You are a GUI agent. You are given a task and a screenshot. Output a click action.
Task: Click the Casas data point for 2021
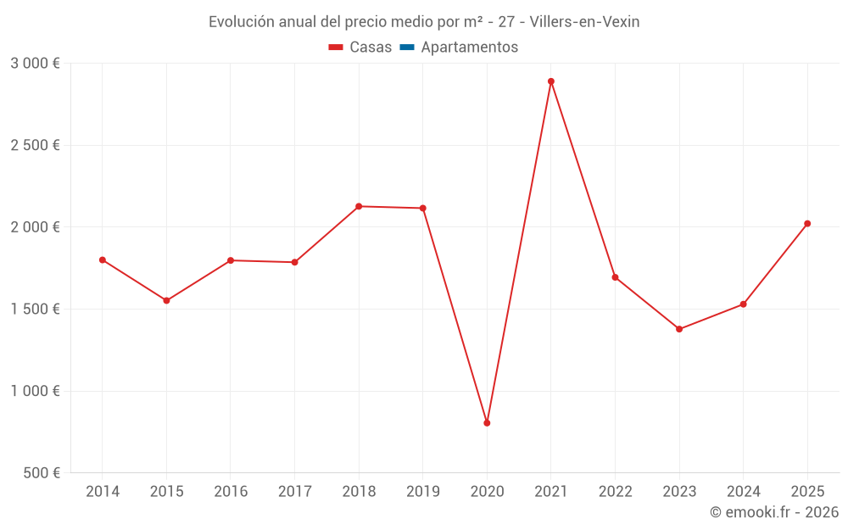(551, 81)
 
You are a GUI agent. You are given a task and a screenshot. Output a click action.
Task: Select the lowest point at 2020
(487, 423)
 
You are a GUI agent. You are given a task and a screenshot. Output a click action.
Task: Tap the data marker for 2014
(103, 260)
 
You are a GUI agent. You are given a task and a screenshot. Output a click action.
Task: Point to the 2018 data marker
(359, 206)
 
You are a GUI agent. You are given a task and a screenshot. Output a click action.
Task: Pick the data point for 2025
(807, 224)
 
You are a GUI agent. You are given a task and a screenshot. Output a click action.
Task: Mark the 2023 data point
(679, 329)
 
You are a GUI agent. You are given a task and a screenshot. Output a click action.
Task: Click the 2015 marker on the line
(166, 301)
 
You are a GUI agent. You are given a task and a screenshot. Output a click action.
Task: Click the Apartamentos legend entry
(469, 47)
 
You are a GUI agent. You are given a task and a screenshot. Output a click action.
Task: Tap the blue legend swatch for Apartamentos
(406, 47)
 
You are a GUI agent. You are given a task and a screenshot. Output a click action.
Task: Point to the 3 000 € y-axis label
(35, 64)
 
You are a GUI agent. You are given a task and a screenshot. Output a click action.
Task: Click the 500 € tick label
(40, 473)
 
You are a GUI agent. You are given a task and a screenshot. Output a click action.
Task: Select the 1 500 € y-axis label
(35, 310)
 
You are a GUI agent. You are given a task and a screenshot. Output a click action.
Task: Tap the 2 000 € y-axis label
(35, 227)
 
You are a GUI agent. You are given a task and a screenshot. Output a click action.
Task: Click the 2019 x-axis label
(423, 492)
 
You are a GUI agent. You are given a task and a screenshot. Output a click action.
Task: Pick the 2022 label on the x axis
(615, 492)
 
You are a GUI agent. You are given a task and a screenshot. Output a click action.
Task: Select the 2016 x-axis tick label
(231, 492)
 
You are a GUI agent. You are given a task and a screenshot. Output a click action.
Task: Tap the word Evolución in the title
(241, 22)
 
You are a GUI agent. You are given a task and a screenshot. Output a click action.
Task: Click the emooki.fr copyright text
(773, 512)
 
